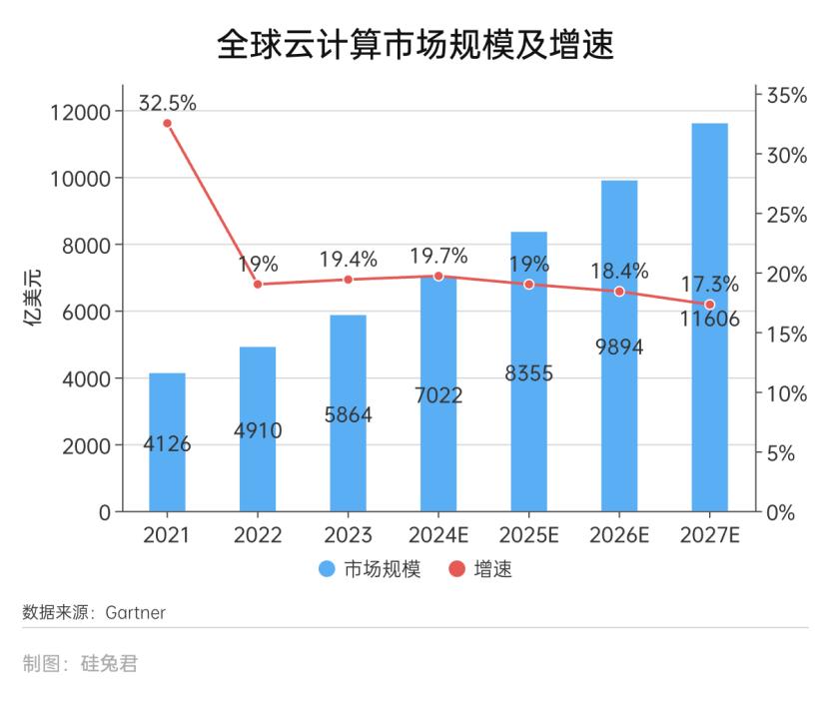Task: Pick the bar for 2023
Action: coord(349,459)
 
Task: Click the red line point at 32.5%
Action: coord(167,123)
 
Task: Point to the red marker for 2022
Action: coord(258,285)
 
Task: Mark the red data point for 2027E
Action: coord(709,305)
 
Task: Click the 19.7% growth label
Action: coord(438,257)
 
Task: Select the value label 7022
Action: coord(438,395)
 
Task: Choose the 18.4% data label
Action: coord(619,271)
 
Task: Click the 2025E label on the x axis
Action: coord(528,535)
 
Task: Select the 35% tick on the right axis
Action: coord(786,96)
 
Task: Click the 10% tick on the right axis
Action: coord(786,393)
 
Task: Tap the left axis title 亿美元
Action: coord(34,299)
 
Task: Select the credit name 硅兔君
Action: coord(109,663)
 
